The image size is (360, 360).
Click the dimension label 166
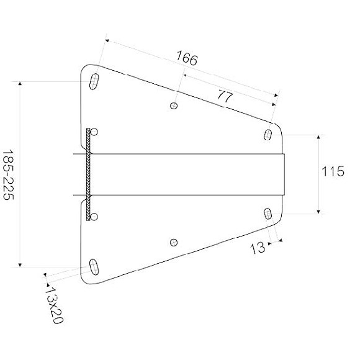coord(187,60)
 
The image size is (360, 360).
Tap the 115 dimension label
coord(333,172)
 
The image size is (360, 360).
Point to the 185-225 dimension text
coord(9,174)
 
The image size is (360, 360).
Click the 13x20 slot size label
coord(55,304)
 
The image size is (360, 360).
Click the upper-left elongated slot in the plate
coord(95,81)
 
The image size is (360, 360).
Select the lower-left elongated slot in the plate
coord(95,266)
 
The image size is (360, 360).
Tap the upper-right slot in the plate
coord(268,134)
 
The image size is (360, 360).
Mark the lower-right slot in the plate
coord(268,214)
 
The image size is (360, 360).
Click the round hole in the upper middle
coord(174,106)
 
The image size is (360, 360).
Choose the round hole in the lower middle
coord(174,241)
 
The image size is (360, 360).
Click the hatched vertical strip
coord(90,173)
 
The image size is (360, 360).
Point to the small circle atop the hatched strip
coord(95,130)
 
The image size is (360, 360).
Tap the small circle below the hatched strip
coord(95,215)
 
